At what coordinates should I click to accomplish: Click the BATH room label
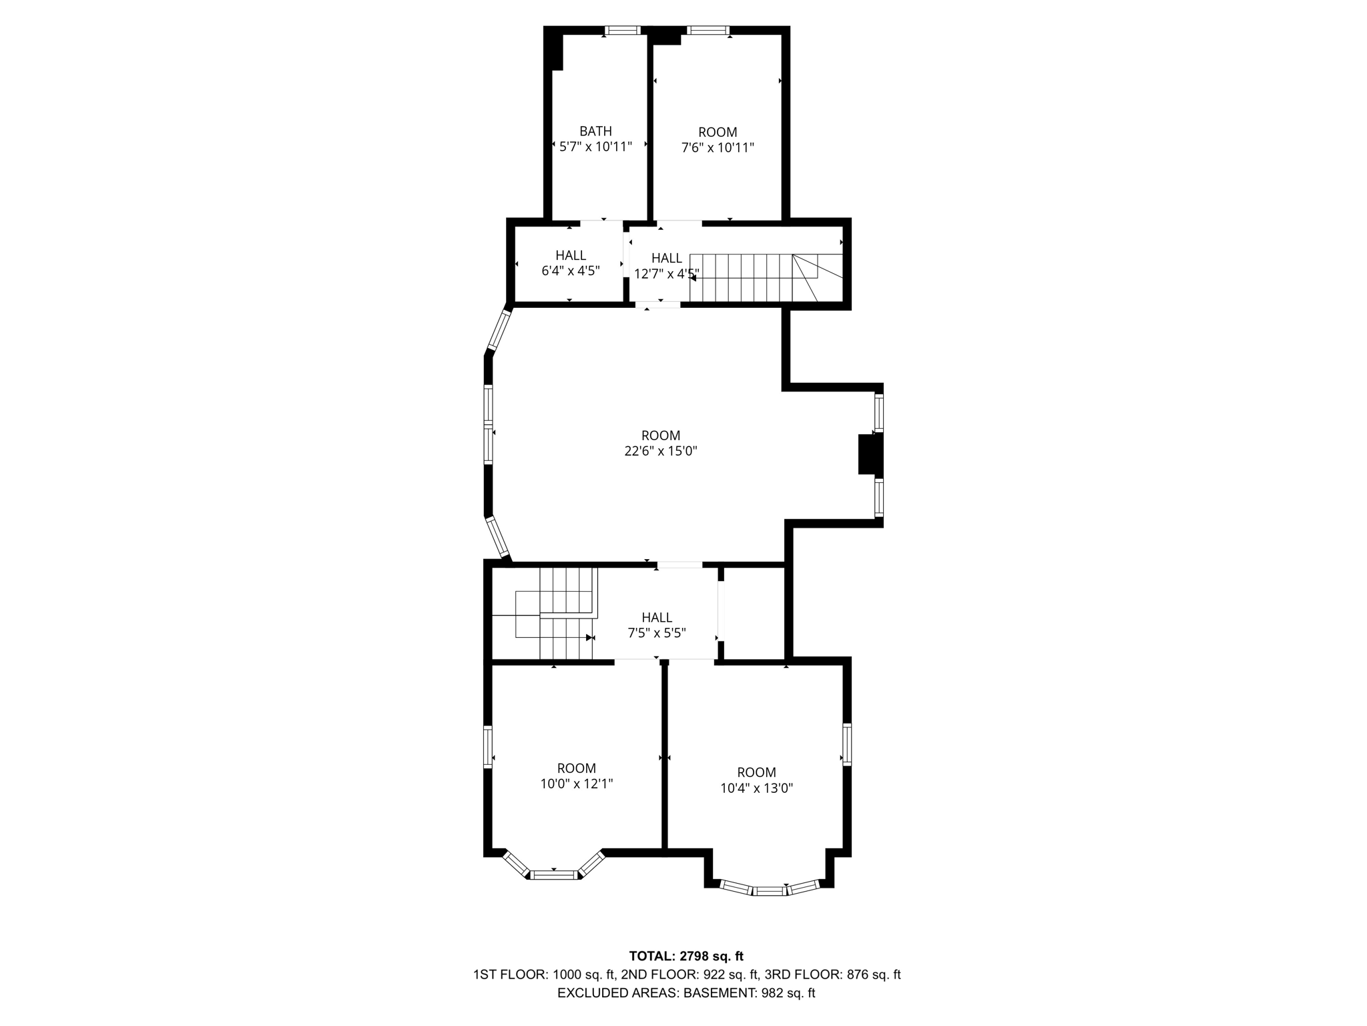tap(595, 132)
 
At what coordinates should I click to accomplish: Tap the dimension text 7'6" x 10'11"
tap(718, 148)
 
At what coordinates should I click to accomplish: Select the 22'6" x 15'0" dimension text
tap(661, 451)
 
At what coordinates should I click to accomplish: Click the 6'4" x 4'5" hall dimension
tap(571, 271)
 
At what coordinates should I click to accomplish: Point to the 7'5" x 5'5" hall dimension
tap(657, 633)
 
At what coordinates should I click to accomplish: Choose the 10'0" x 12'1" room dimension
tap(577, 784)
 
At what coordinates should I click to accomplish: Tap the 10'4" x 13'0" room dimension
tap(756, 788)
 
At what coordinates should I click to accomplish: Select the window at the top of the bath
tap(622, 30)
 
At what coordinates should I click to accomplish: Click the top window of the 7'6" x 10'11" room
tap(708, 30)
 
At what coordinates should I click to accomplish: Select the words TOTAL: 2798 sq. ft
tap(686, 957)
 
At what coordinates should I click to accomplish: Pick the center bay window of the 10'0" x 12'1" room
tap(553, 874)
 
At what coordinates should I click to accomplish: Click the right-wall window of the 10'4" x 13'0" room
tap(846, 743)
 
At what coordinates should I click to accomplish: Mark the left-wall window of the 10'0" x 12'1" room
tap(488, 747)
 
